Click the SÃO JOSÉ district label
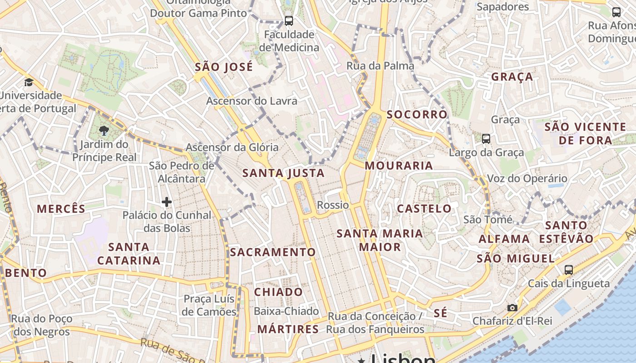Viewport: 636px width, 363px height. coord(224,67)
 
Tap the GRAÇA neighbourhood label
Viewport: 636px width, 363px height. coord(512,77)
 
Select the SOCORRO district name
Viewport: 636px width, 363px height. coord(417,114)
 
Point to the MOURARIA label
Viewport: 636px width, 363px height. coord(399,166)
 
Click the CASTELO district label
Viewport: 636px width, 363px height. coord(424,209)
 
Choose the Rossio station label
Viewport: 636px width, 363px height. coord(333,205)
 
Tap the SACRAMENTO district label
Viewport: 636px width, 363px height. coord(273,252)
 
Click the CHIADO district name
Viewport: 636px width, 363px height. coord(278,292)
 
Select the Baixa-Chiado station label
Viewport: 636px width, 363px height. coord(286,311)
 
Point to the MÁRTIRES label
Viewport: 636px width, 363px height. coord(288,329)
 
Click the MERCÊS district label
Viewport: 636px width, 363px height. coord(61,209)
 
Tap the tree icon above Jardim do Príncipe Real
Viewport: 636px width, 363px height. coord(104,131)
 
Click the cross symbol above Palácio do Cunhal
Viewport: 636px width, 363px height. coord(167,202)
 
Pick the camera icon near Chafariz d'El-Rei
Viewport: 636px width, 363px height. coord(512,308)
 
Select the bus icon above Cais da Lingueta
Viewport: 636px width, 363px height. coord(568,270)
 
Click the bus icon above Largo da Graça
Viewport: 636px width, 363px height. coord(486,138)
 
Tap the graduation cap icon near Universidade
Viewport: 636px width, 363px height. coord(29,82)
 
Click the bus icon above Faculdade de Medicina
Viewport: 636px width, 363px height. coord(289,20)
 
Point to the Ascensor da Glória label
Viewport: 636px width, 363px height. coord(232,147)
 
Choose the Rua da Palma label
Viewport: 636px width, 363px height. coord(380,66)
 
